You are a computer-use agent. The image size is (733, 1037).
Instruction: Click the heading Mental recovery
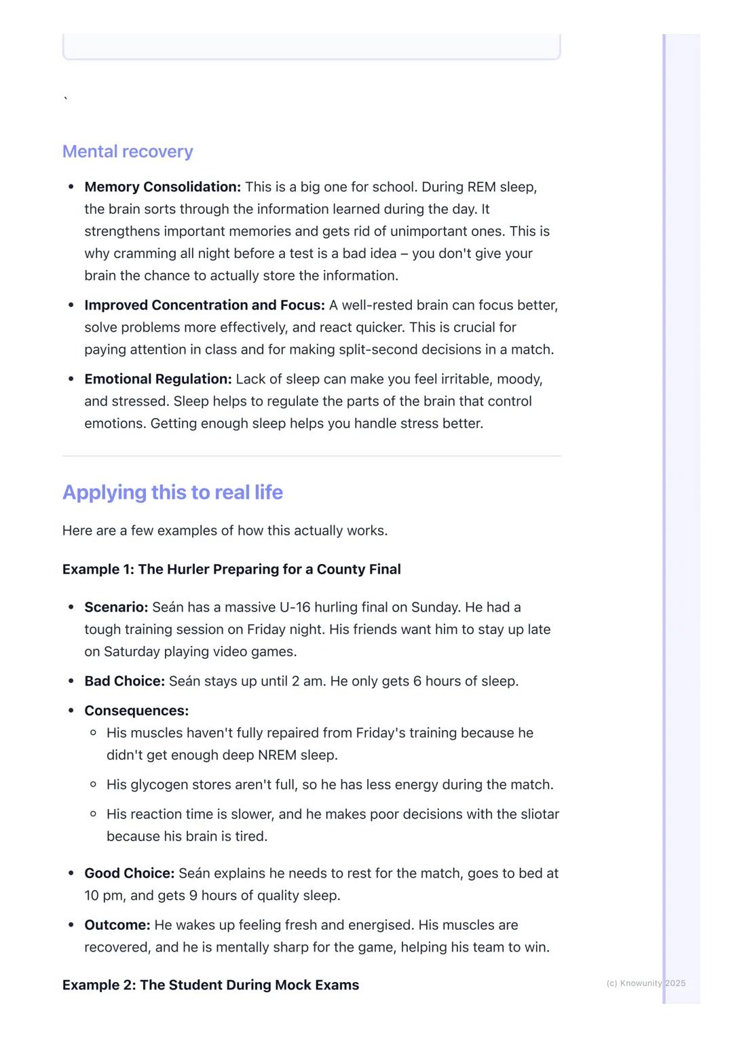128,151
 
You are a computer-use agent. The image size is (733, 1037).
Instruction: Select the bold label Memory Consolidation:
162,187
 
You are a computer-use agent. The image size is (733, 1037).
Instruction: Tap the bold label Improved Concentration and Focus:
204,305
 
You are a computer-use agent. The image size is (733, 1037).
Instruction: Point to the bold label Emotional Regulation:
157,379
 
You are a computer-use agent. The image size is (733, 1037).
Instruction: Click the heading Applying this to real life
172,492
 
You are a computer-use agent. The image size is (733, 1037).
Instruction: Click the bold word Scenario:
116,607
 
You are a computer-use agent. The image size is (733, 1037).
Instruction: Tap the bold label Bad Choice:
124,681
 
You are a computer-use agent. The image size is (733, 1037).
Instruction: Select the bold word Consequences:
136,711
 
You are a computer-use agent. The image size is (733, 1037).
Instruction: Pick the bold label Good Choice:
129,873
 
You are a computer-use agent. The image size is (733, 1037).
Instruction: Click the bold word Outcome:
117,924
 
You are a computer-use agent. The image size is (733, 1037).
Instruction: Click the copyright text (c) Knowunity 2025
645,983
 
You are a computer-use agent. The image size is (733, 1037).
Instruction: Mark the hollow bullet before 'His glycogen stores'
93,785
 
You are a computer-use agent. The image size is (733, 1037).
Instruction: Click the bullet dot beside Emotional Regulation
71,379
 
